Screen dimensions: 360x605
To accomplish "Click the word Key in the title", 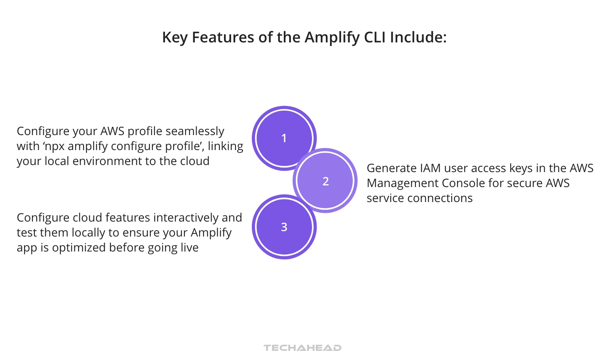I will (x=175, y=37).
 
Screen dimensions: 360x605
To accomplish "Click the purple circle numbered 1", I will (x=284, y=138).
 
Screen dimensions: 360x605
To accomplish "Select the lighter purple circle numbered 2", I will (x=326, y=181).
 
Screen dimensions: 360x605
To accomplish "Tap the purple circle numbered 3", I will (x=284, y=227).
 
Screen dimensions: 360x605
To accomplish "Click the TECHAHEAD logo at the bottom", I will (x=302, y=348).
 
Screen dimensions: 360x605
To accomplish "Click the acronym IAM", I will (x=430, y=168).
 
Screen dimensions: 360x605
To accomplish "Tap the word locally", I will (x=88, y=233).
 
